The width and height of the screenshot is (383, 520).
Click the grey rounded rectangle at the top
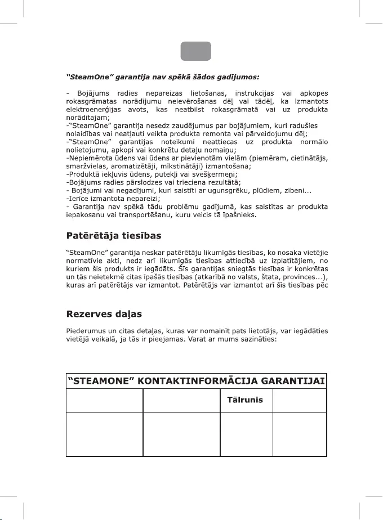196,51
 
